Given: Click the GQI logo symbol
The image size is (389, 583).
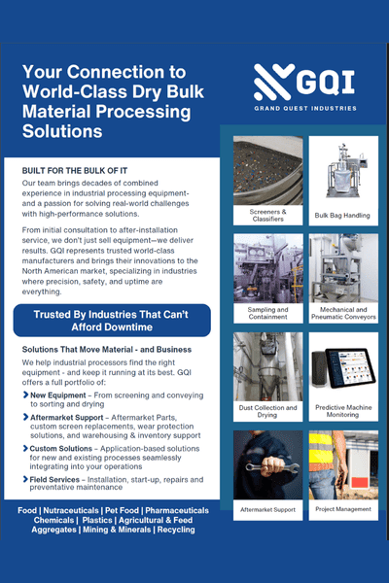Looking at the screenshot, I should click(x=269, y=84).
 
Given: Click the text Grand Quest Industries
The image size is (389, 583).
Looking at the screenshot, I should click(x=304, y=108).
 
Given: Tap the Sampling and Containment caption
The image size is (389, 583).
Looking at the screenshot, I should click(x=266, y=313).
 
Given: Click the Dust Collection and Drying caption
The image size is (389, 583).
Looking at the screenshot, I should click(x=266, y=412).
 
